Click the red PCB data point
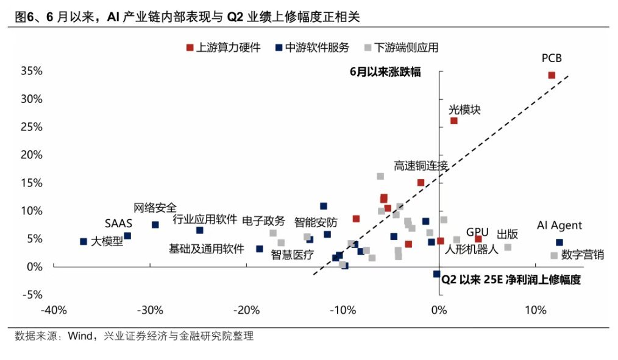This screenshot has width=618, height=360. pyautogui.click(x=552, y=76)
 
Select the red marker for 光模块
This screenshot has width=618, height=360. pyautogui.click(x=453, y=121)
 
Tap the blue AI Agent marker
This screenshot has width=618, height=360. pyautogui.click(x=559, y=242)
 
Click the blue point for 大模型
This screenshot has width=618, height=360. pyautogui.click(x=83, y=241)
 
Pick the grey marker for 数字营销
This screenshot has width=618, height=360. pyautogui.click(x=554, y=255)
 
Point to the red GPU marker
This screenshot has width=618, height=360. pyautogui.click(x=478, y=239)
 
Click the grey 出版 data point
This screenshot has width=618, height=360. pyautogui.click(x=508, y=247)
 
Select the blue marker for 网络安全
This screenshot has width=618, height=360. pyautogui.click(x=155, y=225)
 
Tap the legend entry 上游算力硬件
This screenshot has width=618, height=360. pyautogui.click(x=224, y=48)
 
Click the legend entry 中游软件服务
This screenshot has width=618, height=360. pyautogui.click(x=313, y=48)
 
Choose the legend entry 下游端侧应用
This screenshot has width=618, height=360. pyautogui.click(x=401, y=48)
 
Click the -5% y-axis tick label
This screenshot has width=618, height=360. pyautogui.click(x=32, y=295)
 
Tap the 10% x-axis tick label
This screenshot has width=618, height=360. pyautogui.click(x=536, y=311)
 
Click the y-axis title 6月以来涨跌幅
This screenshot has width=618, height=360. pyautogui.click(x=385, y=72)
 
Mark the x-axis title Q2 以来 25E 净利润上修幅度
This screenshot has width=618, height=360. pyautogui.click(x=511, y=280)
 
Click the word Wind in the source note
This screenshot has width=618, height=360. pyautogui.click(x=80, y=336)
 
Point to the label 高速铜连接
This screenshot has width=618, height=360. pyautogui.click(x=421, y=166)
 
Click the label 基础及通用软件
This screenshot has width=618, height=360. pyautogui.click(x=207, y=249)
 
